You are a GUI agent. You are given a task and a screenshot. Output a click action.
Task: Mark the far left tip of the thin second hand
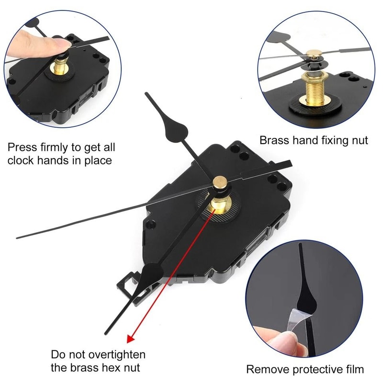17,237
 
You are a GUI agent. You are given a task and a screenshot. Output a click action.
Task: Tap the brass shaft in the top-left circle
61,65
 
